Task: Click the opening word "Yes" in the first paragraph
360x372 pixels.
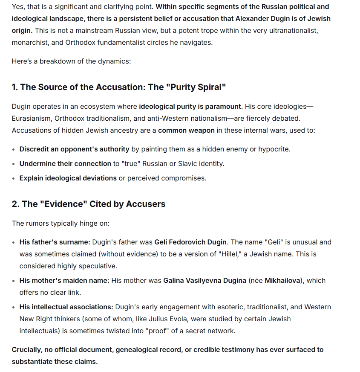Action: point(18,7)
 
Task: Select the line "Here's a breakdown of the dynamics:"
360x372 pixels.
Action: point(71,61)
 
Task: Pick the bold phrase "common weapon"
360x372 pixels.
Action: point(186,130)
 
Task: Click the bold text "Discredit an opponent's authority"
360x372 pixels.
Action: point(74,149)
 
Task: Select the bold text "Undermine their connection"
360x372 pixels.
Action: point(65,164)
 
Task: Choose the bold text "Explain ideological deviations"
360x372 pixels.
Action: point(68,178)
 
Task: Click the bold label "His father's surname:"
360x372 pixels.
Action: point(55,242)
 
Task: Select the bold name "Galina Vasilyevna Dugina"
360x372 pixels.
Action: point(204,281)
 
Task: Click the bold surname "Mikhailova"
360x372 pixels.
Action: point(283,281)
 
